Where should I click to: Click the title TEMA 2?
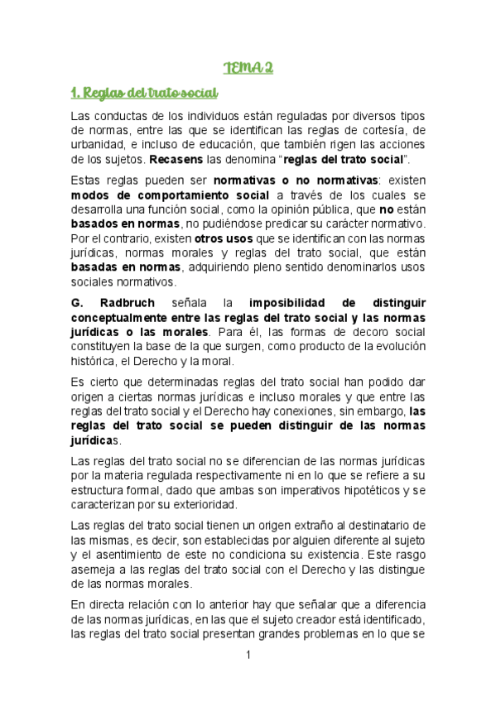(x=248, y=67)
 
